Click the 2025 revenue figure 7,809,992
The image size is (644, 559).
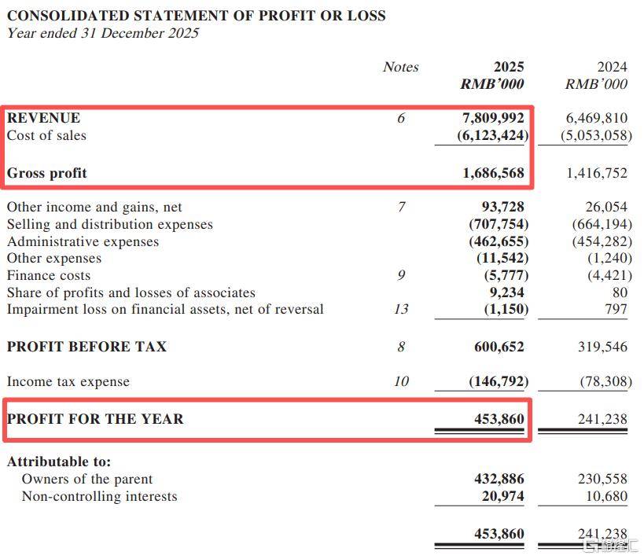[x=493, y=118]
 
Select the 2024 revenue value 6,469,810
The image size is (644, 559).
[x=597, y=118]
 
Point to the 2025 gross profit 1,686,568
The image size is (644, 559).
[x=493, y=173]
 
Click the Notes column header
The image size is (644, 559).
[x=400, y=67]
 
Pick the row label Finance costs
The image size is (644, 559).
[x=49, y=275]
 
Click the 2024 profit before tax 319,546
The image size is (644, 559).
[x=602, y=347]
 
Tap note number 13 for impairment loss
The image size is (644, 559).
[x=401, y=309]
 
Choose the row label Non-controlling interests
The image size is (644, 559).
[x=99, y=496]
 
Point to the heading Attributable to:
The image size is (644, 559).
[x=59, y=462]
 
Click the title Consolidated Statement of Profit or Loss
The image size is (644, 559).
[x=197, y=15]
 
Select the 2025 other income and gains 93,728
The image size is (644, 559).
[x=502, y=207]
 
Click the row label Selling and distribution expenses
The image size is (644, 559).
[x=110, y=224]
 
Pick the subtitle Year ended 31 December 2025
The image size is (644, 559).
[x=103, y=33]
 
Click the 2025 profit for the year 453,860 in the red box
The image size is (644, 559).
[x=499, y=419]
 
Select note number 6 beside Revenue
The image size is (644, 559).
[x=401, y=118]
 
